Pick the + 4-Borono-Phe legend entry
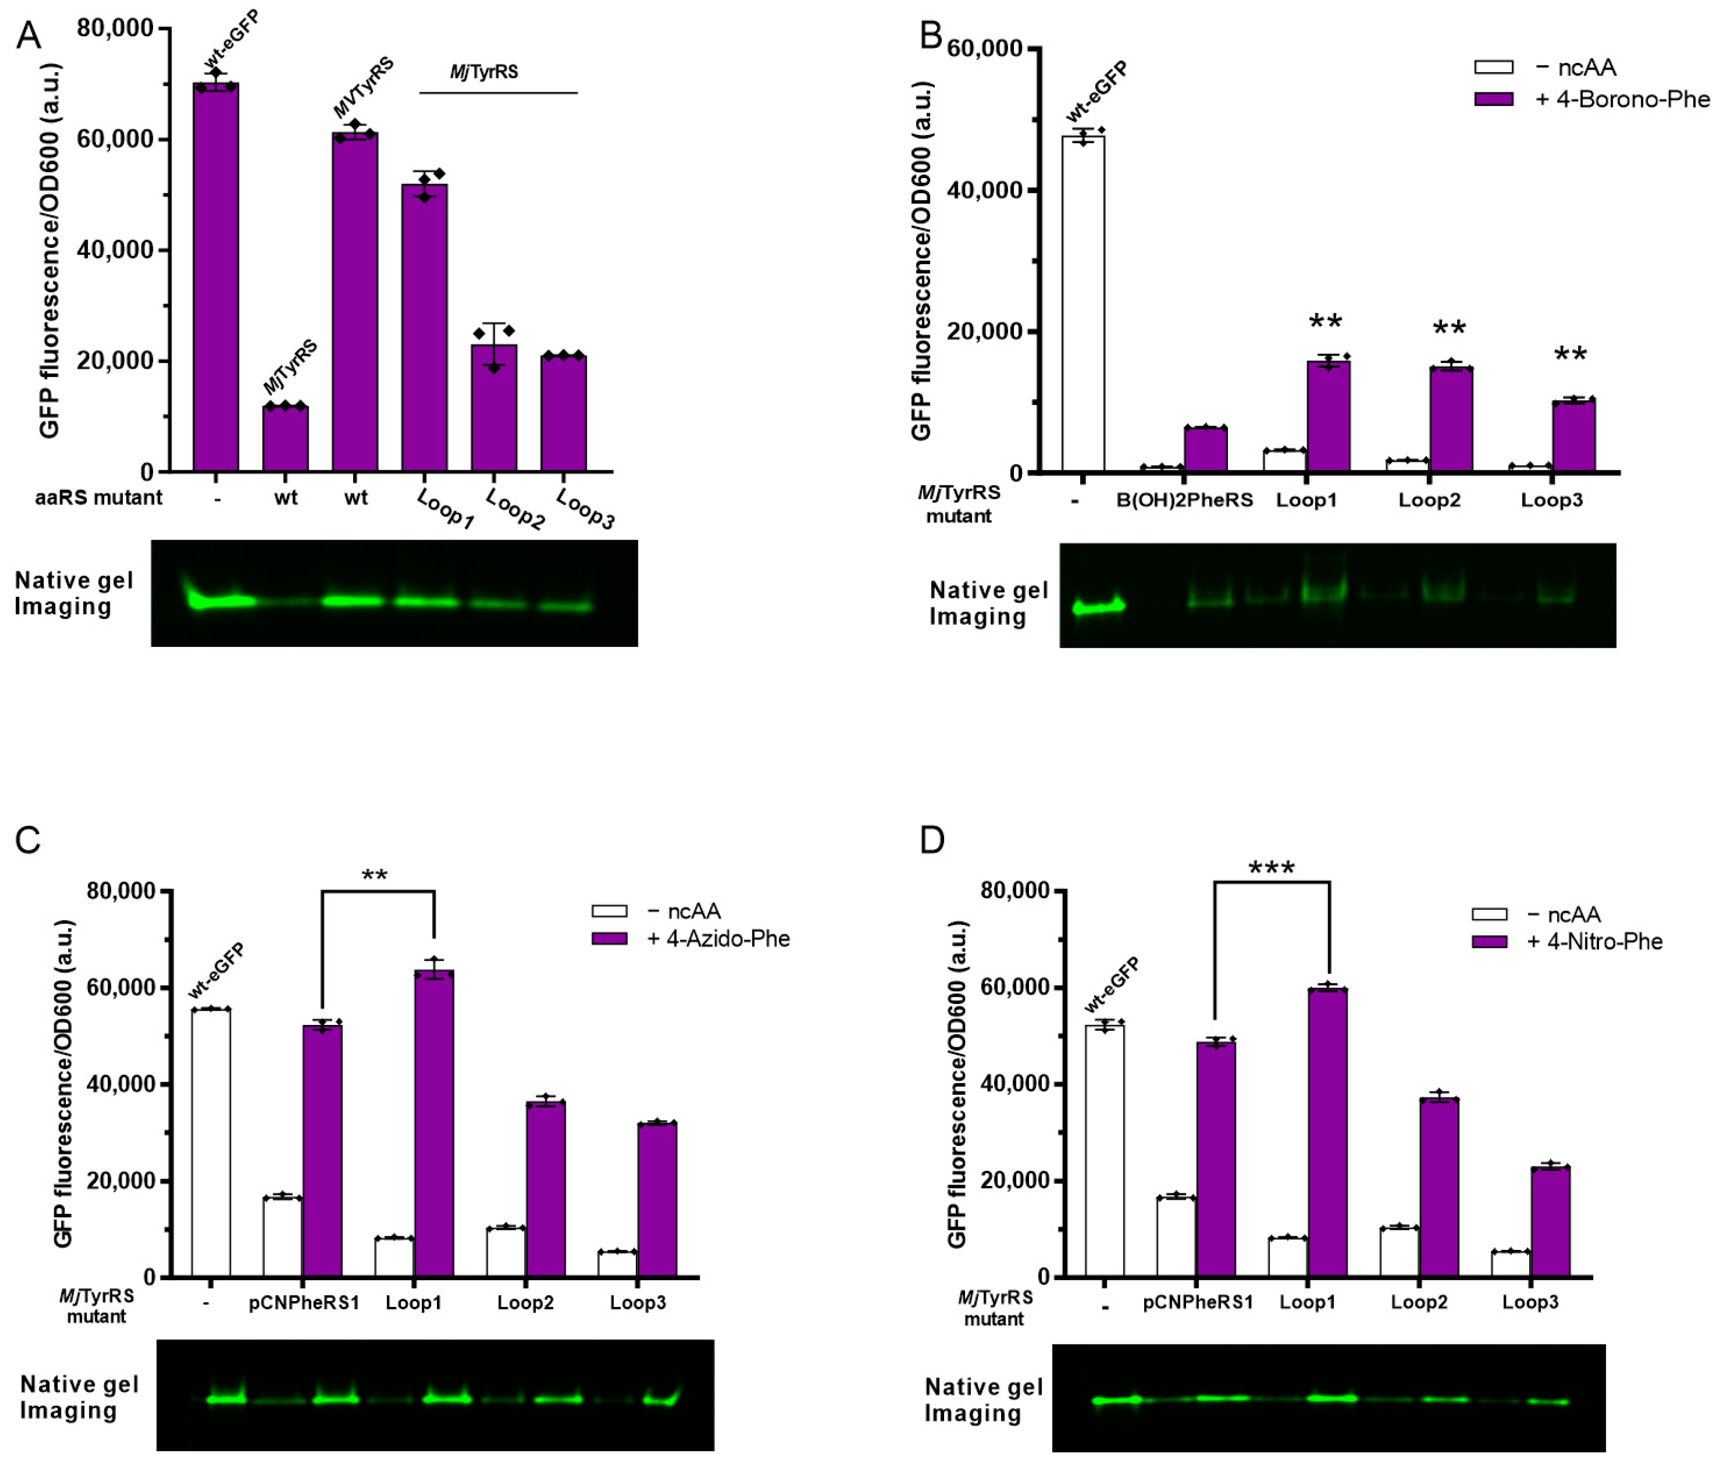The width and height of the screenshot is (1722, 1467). click(x=1591, y=100)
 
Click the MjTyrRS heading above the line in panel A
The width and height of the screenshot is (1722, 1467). click(x=484, y=72)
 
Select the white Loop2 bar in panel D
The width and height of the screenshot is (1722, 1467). click(x=1400, y=1252)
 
